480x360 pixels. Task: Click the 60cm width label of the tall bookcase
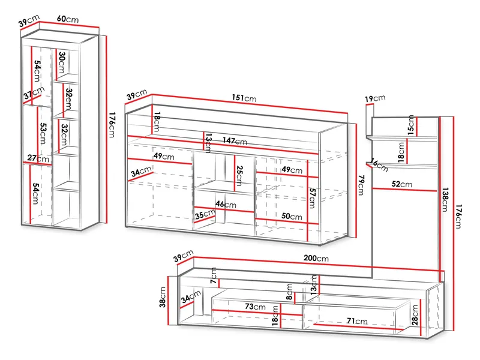coord(68,19)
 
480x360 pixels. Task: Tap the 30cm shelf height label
coord(62,62)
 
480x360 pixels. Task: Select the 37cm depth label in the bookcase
coord(34,92)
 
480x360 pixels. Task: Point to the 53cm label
coord(43,133)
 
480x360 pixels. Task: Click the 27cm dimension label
coord(38,158)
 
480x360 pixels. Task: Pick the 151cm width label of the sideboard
coord(244,98)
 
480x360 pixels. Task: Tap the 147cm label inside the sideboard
coord(235,141)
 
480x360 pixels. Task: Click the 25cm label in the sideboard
coord(239,176)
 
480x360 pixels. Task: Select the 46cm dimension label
coord(226,204)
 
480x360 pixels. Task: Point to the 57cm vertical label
coord(312,198)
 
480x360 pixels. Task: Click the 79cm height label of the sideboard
coord(361,185)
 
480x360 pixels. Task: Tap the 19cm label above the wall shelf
coord(375,98)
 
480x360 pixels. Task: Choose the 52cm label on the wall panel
coord(402,184)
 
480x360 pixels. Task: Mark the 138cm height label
coord(445,200)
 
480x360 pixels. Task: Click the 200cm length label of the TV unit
coord(316,258)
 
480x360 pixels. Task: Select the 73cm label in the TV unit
coord(255,306)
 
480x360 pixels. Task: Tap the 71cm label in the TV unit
coord(357,321)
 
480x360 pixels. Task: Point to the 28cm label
coord(415,314)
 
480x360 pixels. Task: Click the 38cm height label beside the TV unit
coord(162,297)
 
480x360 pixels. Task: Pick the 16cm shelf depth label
coord(379,165)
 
